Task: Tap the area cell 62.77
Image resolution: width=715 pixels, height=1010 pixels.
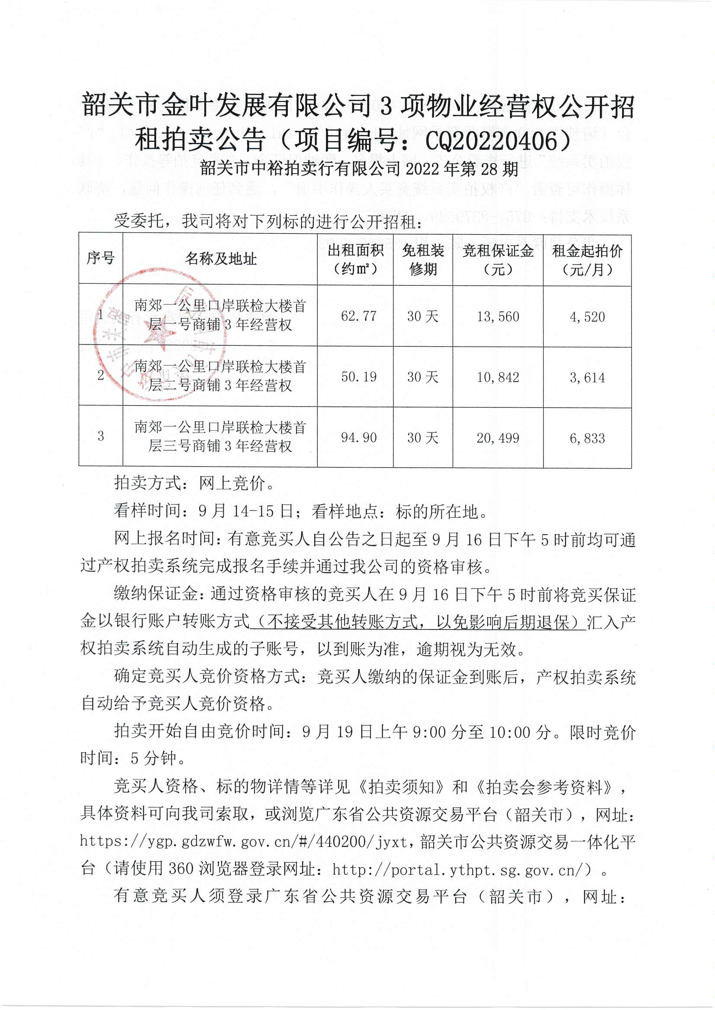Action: coord(358,316)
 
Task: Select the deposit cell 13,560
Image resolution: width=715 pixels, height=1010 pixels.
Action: coord(498,316)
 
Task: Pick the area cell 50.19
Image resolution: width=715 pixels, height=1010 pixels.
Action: coord(358,377)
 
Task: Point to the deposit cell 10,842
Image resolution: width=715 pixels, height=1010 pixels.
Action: coord(498,378)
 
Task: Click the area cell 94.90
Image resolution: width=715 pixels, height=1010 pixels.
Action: coord(358,438)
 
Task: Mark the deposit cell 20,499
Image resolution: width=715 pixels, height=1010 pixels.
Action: coord(498,438)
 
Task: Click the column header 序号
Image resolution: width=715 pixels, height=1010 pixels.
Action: coord(100,258)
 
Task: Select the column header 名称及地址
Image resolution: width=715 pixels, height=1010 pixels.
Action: coord(220,259)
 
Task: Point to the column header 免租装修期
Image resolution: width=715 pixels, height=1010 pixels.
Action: coord(423,260)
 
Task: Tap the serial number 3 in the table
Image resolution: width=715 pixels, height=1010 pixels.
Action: coord(101,436)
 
